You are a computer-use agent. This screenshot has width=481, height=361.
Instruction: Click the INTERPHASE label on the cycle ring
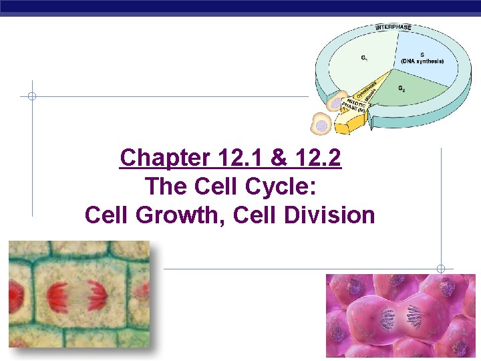pyautogui.click(x=393, y=27)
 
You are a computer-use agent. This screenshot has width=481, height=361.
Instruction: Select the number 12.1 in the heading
pyautogui.click(x=240, y=158)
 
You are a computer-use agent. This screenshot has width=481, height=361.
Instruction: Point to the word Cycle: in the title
pyautogui.click(x=284, y=187)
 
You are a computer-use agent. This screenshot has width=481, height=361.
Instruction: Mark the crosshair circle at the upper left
pyautogui.click(x=31, y=96)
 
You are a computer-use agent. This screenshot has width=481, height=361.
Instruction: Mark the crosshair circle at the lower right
pyautogui.click(x=441, y=269)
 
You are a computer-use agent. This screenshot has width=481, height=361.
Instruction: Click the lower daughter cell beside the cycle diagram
pyautogui.click(x=322, y=124)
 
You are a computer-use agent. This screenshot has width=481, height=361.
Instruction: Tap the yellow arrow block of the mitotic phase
pyautogui.click(x=352, y=120)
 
